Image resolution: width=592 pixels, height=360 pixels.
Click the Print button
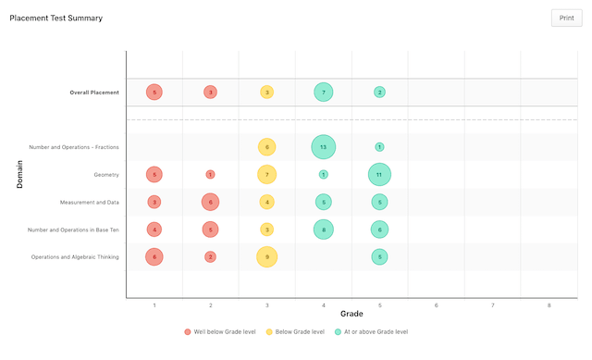coord(566,18)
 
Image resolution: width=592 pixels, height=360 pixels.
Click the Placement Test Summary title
coord(55,18)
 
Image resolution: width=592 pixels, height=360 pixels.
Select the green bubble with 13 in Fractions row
coord(323,147)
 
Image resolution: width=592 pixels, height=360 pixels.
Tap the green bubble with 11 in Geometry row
coord(379,175)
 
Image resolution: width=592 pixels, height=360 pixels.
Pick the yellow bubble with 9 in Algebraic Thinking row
coord(266,256)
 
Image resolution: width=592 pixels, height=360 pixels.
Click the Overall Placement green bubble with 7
coord(323,93)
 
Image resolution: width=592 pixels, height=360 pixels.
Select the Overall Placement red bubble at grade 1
coord(154,93)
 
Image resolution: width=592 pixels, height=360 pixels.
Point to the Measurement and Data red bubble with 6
coord(210,202)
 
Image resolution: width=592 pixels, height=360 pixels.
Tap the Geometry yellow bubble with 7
coord(266,175)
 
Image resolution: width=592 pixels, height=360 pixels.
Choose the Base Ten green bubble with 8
coord(323,230)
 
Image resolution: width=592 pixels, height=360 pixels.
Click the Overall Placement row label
coord(94,93)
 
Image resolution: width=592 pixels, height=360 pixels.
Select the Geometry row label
coord(105,175)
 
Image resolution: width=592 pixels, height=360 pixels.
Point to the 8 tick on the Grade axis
coord(549,304)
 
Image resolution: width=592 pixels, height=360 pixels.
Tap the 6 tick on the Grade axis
coord(436,304)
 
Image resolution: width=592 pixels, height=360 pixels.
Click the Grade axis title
coord(351,315)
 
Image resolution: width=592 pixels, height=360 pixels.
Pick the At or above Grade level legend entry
coord(371,331)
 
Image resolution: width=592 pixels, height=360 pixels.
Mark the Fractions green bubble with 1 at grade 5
coord(379,147)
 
